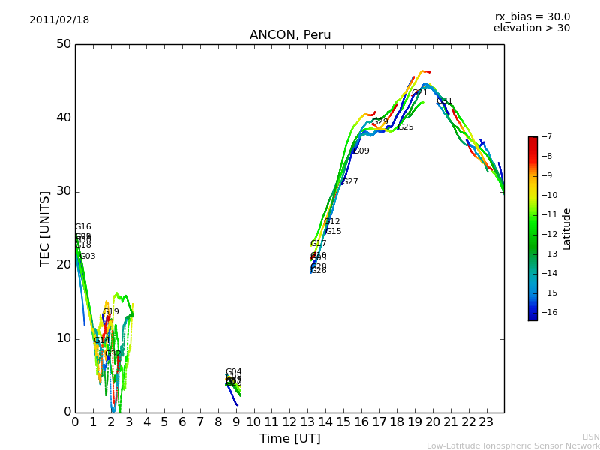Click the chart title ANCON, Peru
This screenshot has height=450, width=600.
pos(290,35)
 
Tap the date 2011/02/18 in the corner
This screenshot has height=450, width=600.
pos(59,20)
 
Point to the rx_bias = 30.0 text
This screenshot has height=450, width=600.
pos(532,17)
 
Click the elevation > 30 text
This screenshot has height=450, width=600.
pos(531,28)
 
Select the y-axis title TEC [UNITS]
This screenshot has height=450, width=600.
pos(46,228)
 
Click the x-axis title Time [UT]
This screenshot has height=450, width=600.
pos(289,438)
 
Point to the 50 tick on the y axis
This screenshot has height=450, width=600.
pos(63,44)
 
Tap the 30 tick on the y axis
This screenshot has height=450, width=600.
pos(63,191)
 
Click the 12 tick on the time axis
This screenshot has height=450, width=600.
pos(289,422)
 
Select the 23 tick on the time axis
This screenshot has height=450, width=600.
pos(486,422)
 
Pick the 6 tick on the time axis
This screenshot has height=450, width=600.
pos(182,422)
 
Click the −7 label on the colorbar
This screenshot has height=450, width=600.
pos(545,137)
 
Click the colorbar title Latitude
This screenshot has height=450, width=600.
pos(567,229)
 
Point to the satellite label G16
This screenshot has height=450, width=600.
pos(82,227)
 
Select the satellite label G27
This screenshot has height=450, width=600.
pos(349,182)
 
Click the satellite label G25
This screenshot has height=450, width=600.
pos(405,127)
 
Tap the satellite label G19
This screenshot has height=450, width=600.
pos(110,312)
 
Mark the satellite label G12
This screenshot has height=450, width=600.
pos(331,222)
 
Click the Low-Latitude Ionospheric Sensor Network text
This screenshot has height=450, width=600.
pos(513,445)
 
